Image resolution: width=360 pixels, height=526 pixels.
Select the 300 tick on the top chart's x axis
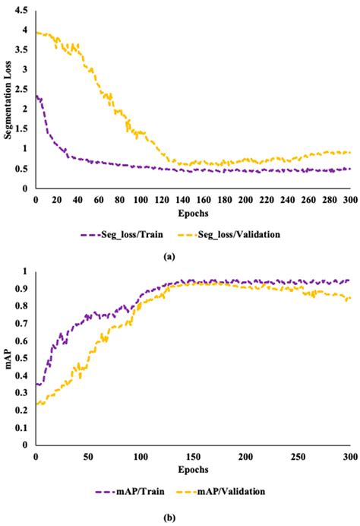coord(349,198)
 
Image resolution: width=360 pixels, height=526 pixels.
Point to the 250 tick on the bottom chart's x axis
coord(297,455)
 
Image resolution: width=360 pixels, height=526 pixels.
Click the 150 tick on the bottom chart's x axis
coord(192,455)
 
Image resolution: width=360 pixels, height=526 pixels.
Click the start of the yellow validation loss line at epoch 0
coord(36,33)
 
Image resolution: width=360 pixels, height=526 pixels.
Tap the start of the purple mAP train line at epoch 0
coord(36,384)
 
